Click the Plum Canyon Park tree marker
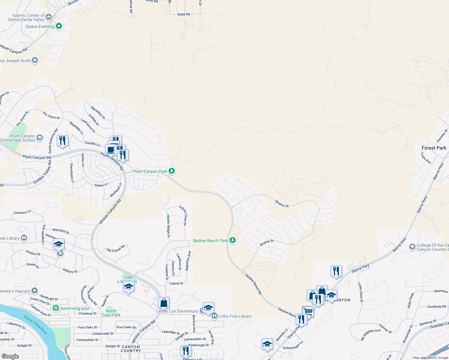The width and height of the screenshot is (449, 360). pos(171,171)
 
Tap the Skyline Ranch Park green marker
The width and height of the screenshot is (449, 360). pos(232,240)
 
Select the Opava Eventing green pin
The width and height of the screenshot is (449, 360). pos(59,26)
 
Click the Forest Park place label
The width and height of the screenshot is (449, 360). pos(434,148)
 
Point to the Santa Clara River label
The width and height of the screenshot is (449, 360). pos(35,325)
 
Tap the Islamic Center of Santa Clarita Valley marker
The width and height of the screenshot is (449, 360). pos(49,17)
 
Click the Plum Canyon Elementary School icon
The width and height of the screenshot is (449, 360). pos(40,138)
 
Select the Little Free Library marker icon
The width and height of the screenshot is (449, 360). pos(214,316)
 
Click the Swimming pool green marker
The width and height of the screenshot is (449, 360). pos(56,308)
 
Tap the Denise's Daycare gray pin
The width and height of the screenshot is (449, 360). pos(35,291)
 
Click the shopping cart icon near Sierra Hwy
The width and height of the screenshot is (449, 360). pos(308,311)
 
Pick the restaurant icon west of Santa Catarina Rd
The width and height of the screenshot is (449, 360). pos(62,141)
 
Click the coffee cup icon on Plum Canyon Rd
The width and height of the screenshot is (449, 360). pos(110,149)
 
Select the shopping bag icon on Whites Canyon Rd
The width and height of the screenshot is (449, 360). pos(164,303)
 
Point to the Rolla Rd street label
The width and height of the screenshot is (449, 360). pos(184,14)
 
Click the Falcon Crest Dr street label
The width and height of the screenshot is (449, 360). pos(183,215)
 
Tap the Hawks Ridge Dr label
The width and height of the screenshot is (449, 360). pos(168,226)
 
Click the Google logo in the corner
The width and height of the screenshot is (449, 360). pos(10,356)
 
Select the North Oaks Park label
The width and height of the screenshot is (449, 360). pos(111,313)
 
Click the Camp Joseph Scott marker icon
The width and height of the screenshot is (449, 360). pos(35,60)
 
